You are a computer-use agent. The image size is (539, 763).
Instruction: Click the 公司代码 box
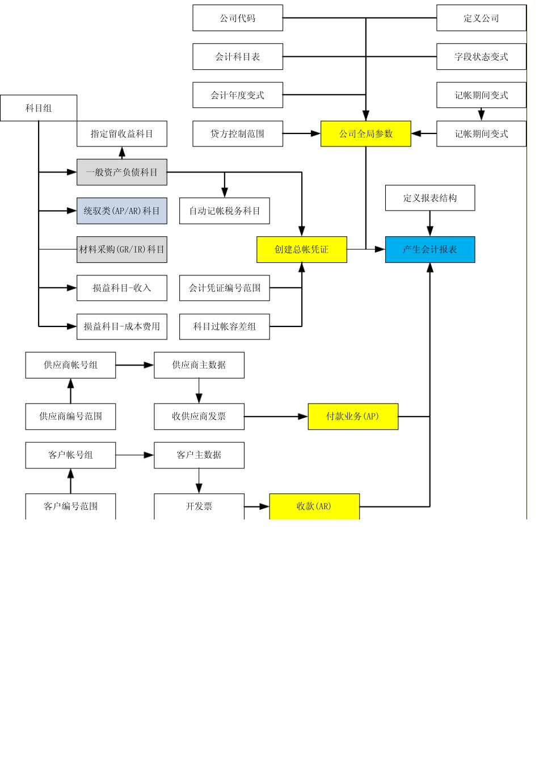coord(238,18)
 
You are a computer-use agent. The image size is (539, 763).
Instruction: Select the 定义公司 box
coord(482,18)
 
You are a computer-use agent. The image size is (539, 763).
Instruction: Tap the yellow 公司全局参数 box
coord(366,133)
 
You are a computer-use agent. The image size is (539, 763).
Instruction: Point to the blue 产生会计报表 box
coord(430,249)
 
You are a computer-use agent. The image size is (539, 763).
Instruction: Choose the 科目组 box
coord(39,108)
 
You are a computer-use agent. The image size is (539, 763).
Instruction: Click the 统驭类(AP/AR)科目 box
coord(122,211)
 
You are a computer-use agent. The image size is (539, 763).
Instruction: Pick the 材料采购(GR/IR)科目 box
coord(122,249)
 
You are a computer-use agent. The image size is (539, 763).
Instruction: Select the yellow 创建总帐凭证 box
coord(302,249)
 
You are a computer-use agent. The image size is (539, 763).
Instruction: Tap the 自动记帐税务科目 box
coord(224,211)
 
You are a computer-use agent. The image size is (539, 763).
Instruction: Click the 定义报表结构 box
coord(430,198)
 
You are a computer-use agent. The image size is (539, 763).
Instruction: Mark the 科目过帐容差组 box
coord(224,326)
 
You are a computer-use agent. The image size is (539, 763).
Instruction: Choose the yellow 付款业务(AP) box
coord(353,416)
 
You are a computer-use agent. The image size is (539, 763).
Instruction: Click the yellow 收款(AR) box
coord(314,506)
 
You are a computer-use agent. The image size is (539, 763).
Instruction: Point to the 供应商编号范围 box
coord(70,416)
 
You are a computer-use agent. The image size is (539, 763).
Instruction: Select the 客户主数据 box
coord(199,455)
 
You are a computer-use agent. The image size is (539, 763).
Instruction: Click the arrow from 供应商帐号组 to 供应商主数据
coord(135,365)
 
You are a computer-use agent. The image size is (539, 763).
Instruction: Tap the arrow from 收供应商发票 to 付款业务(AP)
coord(276,416)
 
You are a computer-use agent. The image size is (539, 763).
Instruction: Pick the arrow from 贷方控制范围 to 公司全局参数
coord(302,133)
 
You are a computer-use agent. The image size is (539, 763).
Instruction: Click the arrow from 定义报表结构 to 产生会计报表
coord(430,224)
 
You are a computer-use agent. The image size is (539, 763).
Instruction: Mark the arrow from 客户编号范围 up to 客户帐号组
coord(70,481)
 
